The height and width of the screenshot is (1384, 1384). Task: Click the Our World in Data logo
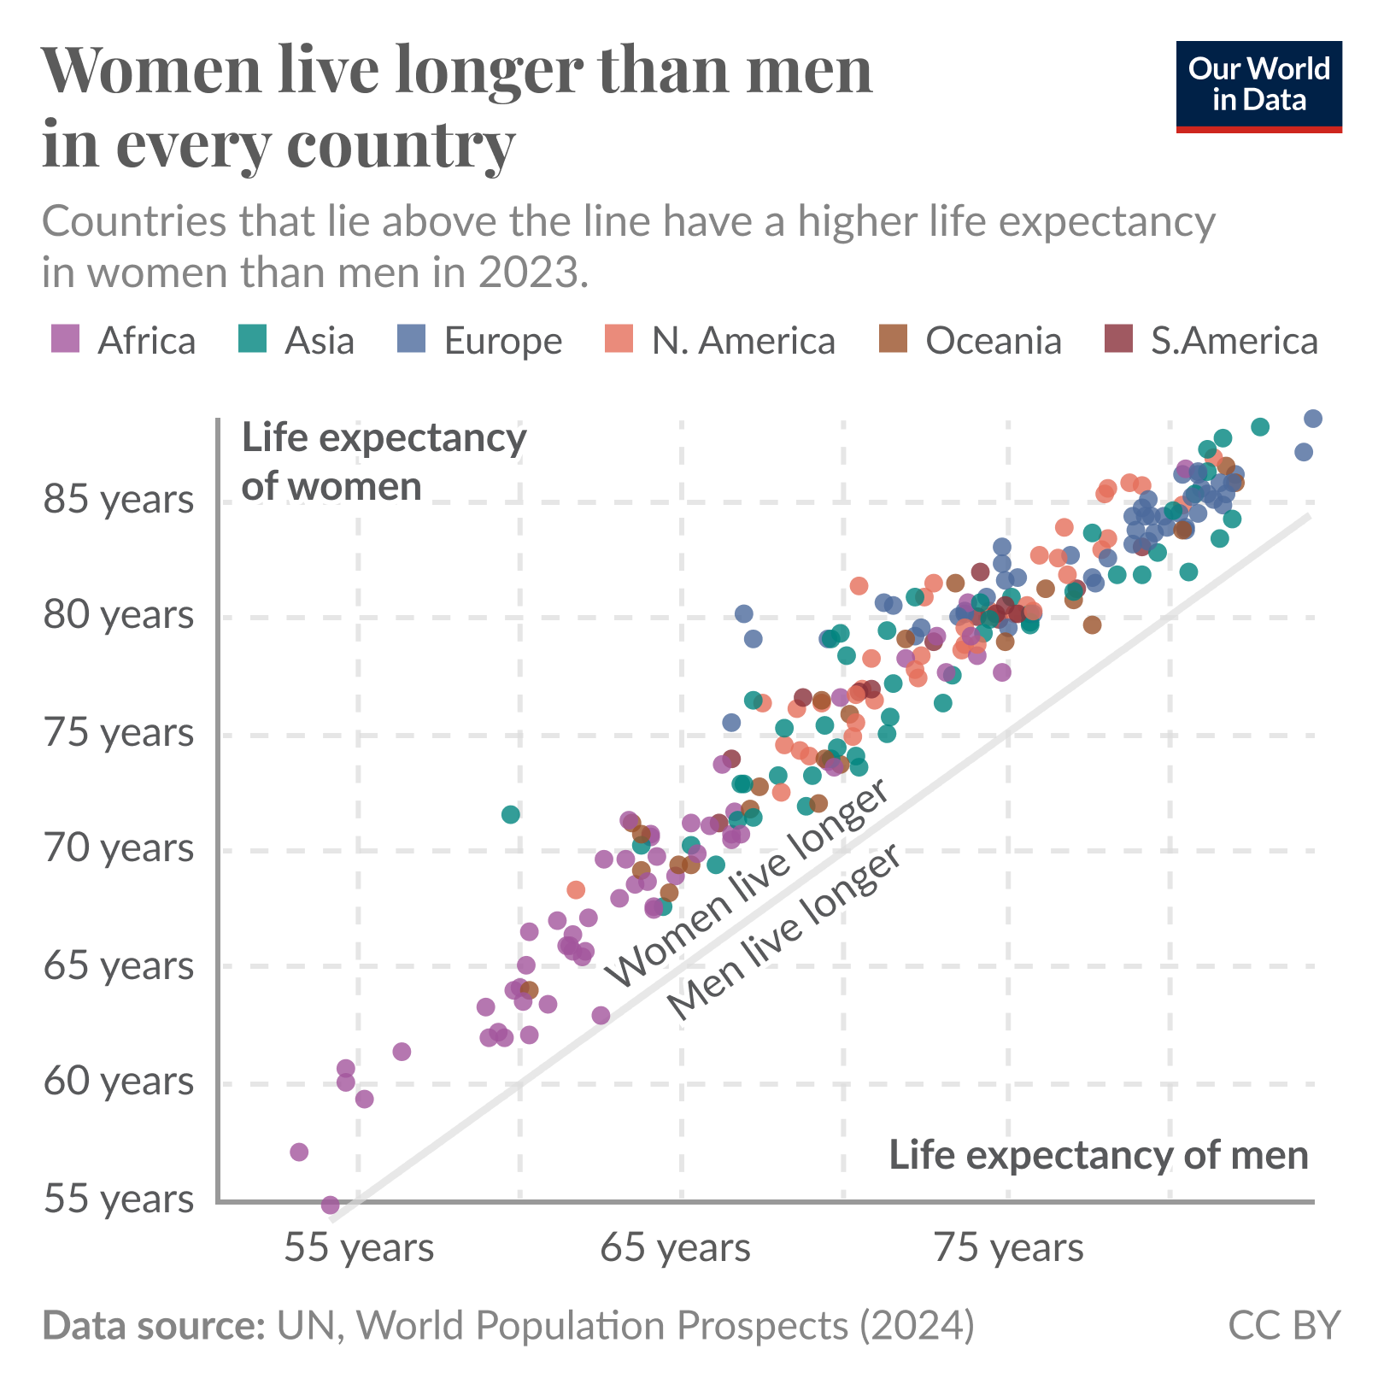1258,85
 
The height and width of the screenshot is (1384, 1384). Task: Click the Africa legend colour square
66,339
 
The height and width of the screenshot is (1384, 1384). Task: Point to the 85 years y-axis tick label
119,500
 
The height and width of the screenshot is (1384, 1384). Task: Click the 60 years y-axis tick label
119,1082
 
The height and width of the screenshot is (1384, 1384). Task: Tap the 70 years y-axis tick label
119,849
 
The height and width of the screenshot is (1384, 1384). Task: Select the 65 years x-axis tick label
675,1248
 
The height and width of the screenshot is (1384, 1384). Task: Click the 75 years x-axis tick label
1008,1248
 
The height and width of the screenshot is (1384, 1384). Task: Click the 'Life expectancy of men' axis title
1099,1155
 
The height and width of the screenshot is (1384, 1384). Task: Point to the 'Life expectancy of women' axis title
384,462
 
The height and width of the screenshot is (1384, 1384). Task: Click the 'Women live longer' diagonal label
747,884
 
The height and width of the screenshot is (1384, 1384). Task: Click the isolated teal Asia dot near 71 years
510,814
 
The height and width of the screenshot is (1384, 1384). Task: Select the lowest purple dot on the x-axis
330,1205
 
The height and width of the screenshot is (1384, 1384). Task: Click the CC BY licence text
1283,1325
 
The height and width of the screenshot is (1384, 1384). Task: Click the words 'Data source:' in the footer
154,1325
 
